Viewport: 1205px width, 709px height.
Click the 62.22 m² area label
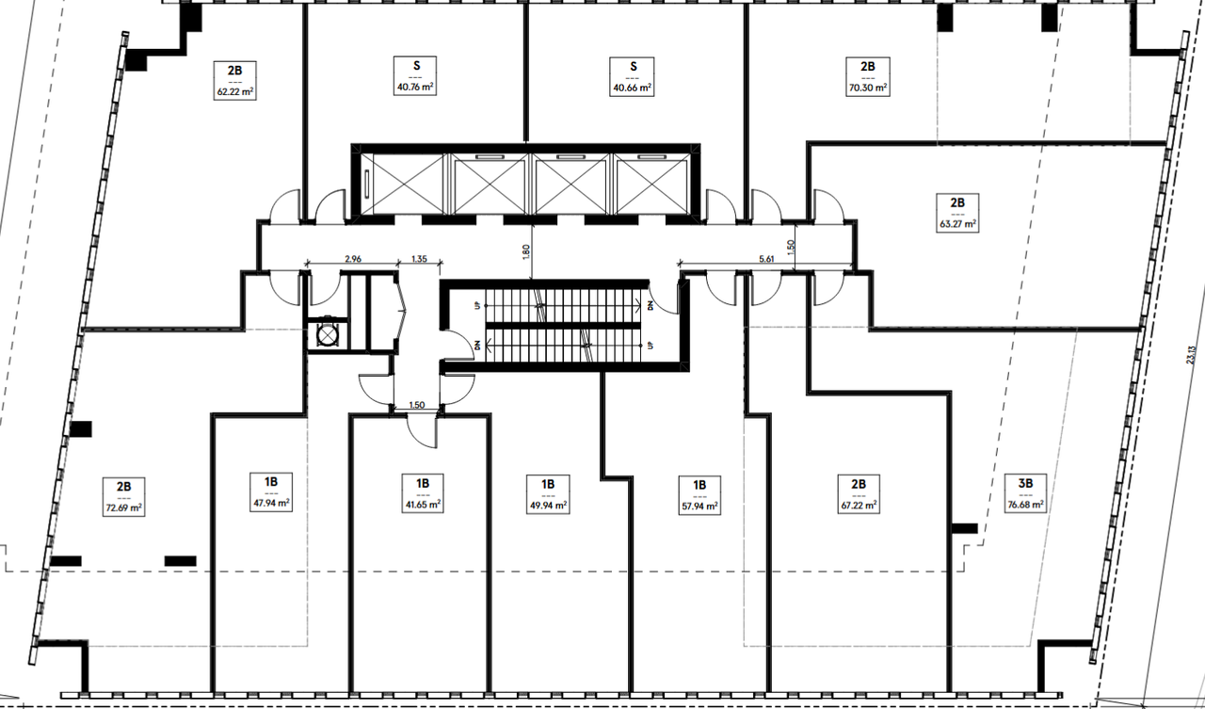tap(234, 80)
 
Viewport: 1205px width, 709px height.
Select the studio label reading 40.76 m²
tap(415, 76)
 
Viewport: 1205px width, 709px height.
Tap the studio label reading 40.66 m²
tap(632, 77)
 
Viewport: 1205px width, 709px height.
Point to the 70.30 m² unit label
tap(868, 77)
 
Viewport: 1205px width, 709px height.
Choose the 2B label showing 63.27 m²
tap(957, 213)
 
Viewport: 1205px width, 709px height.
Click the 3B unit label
tap(1025, 493)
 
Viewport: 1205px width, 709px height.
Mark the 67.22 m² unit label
tap(859, 494)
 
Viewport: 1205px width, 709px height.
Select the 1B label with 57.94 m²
tap(699, 495)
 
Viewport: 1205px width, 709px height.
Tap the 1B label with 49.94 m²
tap(548, 494)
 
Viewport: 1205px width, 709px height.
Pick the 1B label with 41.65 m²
tap(423, 493)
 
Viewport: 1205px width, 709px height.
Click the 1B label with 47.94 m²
tap(271, 492)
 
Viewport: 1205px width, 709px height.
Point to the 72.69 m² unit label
tap(123, 496)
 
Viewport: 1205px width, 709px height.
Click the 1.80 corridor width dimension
tap(526, 251)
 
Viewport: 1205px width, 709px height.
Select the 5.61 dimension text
tap(766, 259)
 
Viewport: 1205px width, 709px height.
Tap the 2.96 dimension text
tap(353, 259)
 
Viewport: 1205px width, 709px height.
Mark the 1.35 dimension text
tap(419, 259)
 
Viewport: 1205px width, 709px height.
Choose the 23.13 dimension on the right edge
tap(1191, 355)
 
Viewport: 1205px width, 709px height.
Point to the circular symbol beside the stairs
tap(327, 336)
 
